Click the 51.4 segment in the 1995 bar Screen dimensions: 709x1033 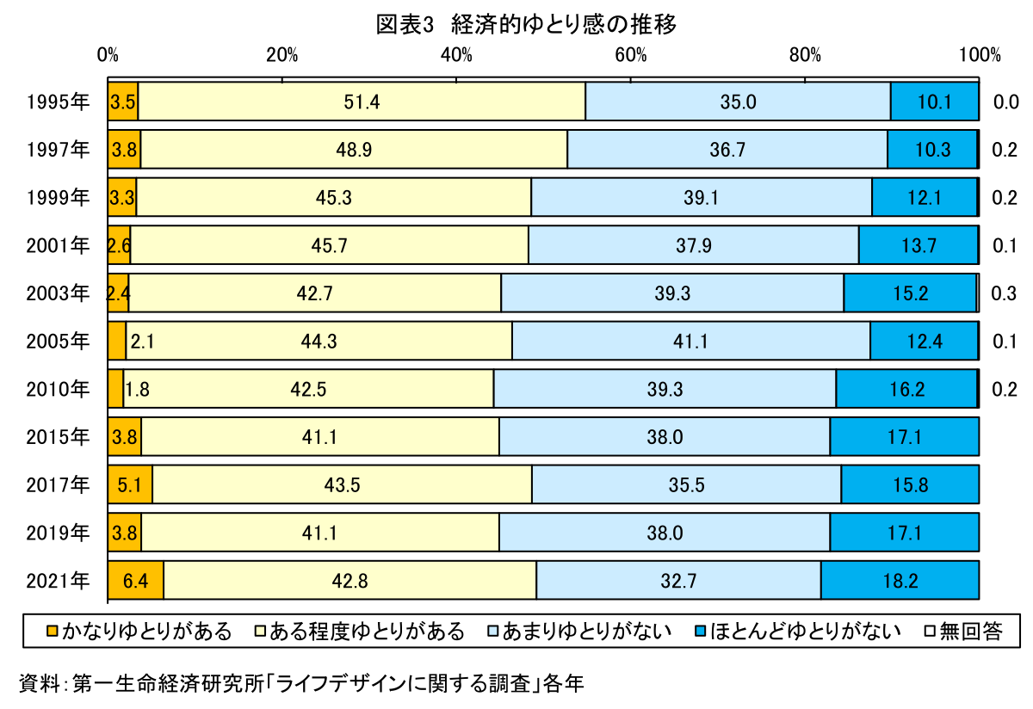pos(362,102)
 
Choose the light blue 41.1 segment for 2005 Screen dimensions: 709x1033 pos(690,342)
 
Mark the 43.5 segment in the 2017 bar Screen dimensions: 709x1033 pos(342,484)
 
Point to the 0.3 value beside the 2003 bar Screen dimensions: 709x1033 pos(1004,293)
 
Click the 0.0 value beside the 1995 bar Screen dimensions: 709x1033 pos(1004,102)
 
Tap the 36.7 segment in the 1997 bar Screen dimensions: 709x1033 pos(727,150)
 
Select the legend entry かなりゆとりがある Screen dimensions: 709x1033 pos(138,632)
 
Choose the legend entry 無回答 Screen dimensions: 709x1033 pos(963,632)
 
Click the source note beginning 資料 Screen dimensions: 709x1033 pos(301,684)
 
